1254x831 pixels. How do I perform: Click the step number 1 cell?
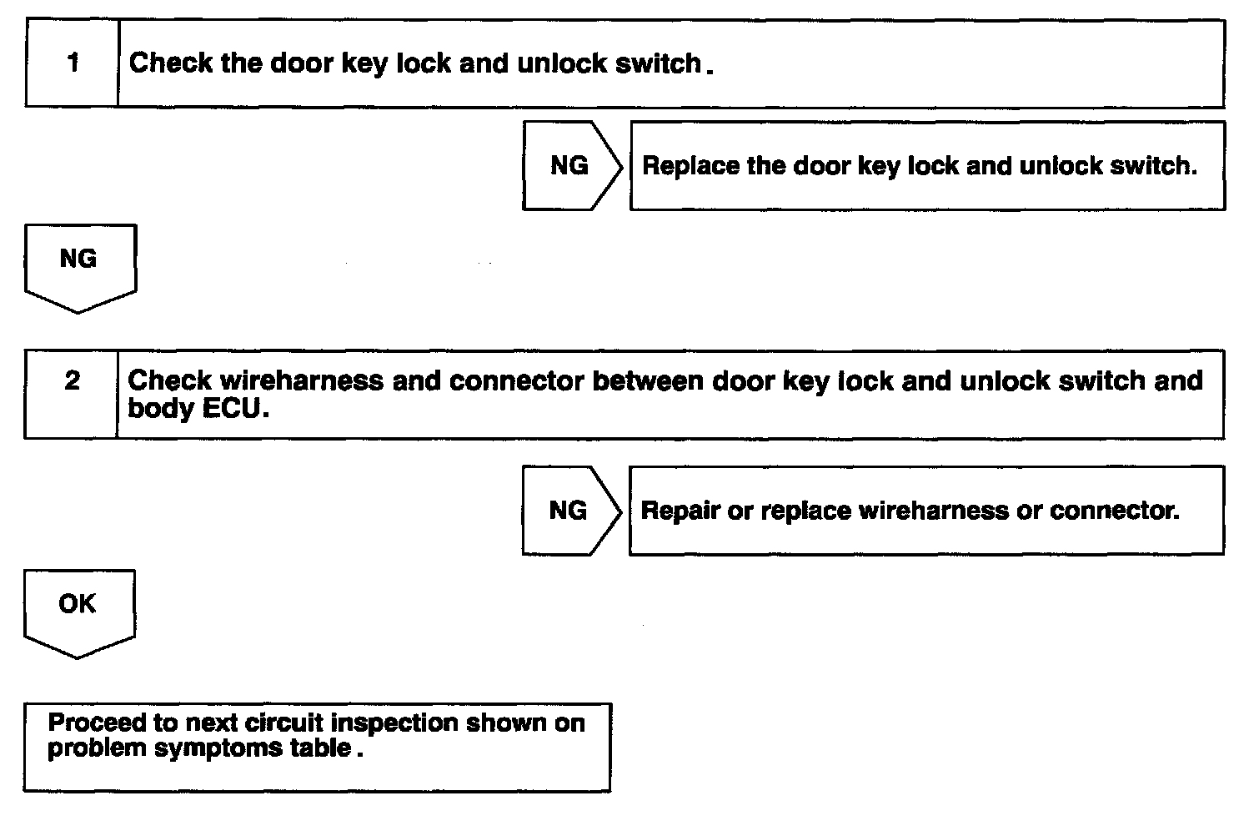pos(73,63)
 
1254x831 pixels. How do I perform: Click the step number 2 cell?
pos(71,394)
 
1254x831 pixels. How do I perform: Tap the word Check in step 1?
pos(170,63)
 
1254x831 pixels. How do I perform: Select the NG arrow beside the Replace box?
pos(572,166)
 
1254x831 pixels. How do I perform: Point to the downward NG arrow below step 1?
pos(81,269)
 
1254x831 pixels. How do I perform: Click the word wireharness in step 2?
pos(302,380)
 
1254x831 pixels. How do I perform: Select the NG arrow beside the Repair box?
pos(572,511)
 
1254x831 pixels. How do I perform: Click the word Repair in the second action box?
pos(680,511)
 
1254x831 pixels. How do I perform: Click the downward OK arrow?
pos(79,614)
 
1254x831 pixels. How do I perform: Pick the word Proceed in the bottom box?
pos(97,723)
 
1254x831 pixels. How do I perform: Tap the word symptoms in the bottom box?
pos(218,748)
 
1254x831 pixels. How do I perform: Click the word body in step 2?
pos(161,409)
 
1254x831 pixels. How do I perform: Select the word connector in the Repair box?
pos(1113,511)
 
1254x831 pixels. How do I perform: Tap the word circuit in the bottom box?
pos(283,723)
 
